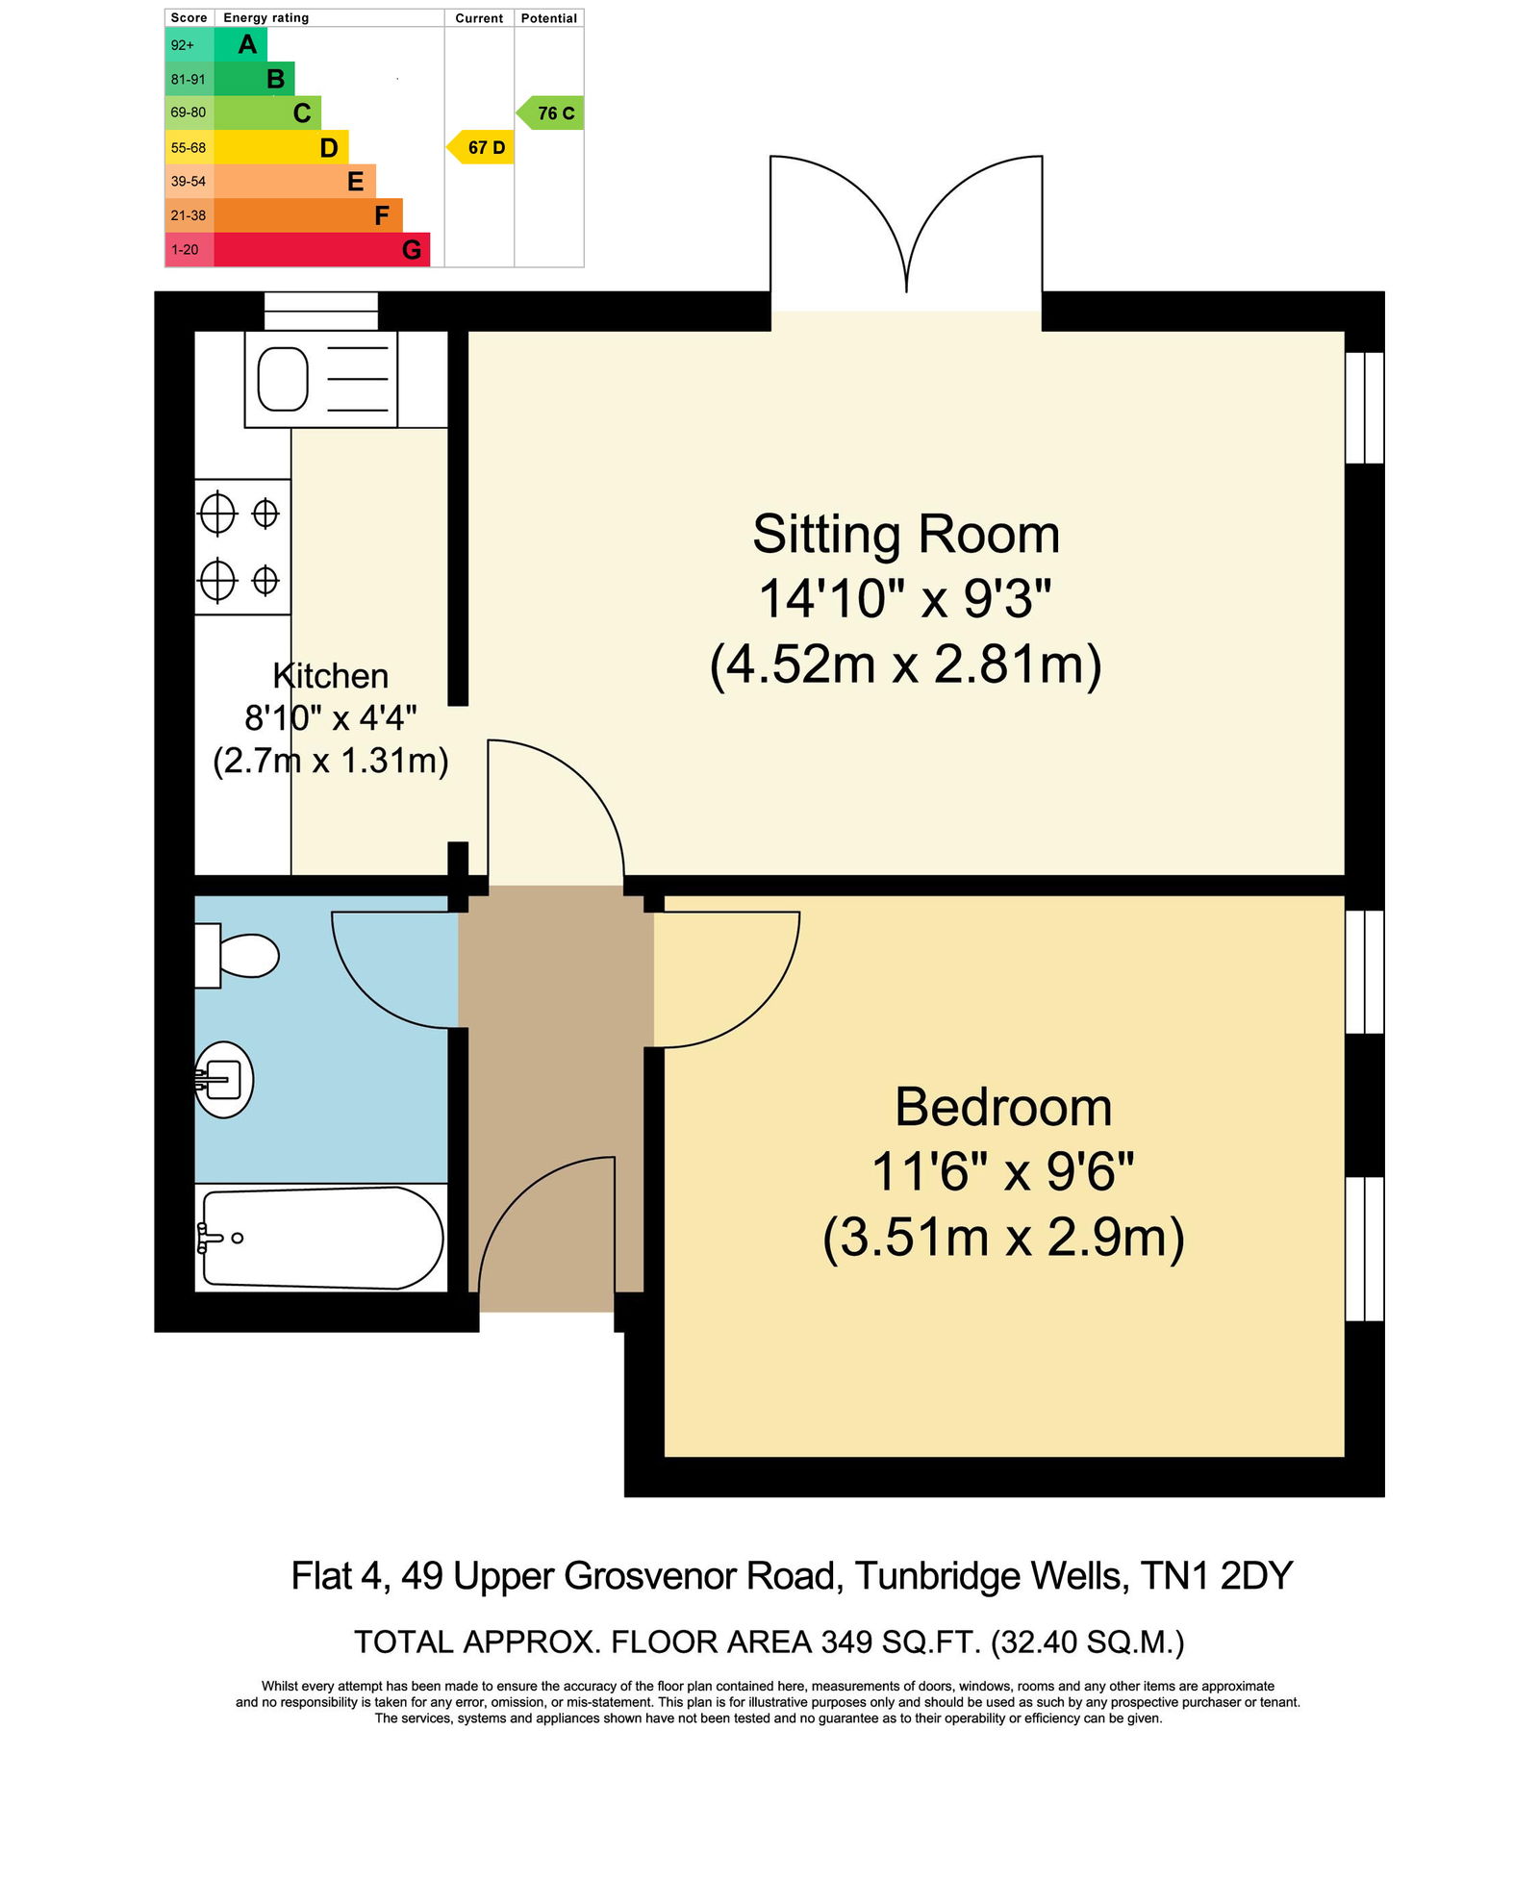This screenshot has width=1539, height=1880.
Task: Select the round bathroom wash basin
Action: click(224, 1080)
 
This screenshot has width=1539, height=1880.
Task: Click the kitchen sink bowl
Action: click(283, 379)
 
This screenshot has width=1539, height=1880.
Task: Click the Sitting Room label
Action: click(906, 535)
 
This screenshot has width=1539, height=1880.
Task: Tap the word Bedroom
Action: click(1003, 1107)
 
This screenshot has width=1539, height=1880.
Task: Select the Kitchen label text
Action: click(331, 676)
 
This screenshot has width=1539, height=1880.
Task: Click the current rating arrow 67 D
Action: click(480, 147)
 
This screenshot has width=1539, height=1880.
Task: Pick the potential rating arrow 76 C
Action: click(550, 113)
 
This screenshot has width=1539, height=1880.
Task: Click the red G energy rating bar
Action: click(322, 250)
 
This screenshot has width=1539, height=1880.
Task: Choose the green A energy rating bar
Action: click(240, 44)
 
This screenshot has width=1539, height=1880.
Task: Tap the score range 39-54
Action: click(189, 181)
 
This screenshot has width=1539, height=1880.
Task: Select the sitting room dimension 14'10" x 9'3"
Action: click(905, 598)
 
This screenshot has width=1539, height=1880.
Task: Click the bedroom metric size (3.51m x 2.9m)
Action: click(1003, 1238)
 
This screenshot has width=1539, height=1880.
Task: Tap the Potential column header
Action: click(549, 18)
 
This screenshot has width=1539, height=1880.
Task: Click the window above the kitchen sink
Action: click(321, 311)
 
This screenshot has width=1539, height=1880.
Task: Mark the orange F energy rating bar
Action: click(308, 215)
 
